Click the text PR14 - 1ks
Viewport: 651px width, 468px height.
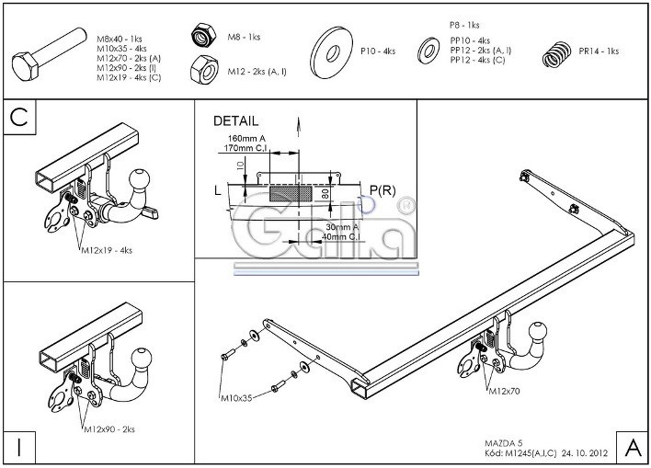click(x=600, y=52)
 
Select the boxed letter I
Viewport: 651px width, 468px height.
click(x=18, y=448)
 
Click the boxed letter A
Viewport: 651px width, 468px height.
click(x=633, y=448)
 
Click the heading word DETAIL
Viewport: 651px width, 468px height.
click(x=235, y=121)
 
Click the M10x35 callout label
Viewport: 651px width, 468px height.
click(x=237, y=399)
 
